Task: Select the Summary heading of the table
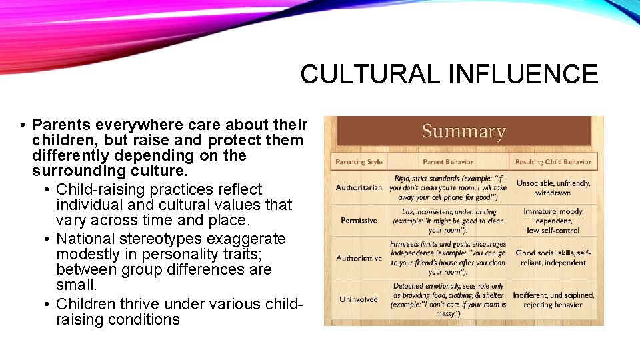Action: pos(463,131)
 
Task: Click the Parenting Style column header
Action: pos(359,162)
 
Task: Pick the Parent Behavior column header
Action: pos(448,162)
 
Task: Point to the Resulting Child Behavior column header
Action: pos(553,162)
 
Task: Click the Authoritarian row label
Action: pos(359,187)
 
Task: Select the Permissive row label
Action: pos(359,221)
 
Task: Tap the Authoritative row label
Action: pos(359,258)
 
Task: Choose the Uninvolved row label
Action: pos(359,299)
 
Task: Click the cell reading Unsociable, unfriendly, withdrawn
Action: pos(553,187)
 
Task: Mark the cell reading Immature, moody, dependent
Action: pos(553,221)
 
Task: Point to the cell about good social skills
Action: pos(553,258)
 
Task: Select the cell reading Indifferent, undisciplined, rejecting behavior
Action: pos(553,299)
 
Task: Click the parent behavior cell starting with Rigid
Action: pos(448,187)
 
